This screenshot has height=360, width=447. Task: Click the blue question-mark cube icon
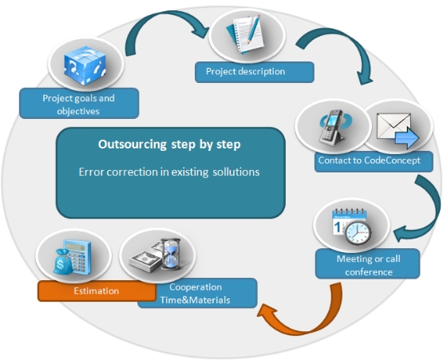coord(85,65)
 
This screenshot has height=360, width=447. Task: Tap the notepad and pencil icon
coord(246,34)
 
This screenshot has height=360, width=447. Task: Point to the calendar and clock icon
coord(352,227)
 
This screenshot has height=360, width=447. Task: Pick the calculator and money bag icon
coord(73,257)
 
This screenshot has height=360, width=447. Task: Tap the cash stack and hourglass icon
coord(156,255)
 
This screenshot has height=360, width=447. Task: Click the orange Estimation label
coord(97,291)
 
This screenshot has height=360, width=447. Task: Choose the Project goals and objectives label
coord(79,103)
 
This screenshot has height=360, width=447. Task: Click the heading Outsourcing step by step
coord(169,144)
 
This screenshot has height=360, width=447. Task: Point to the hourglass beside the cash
coord(171,255)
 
